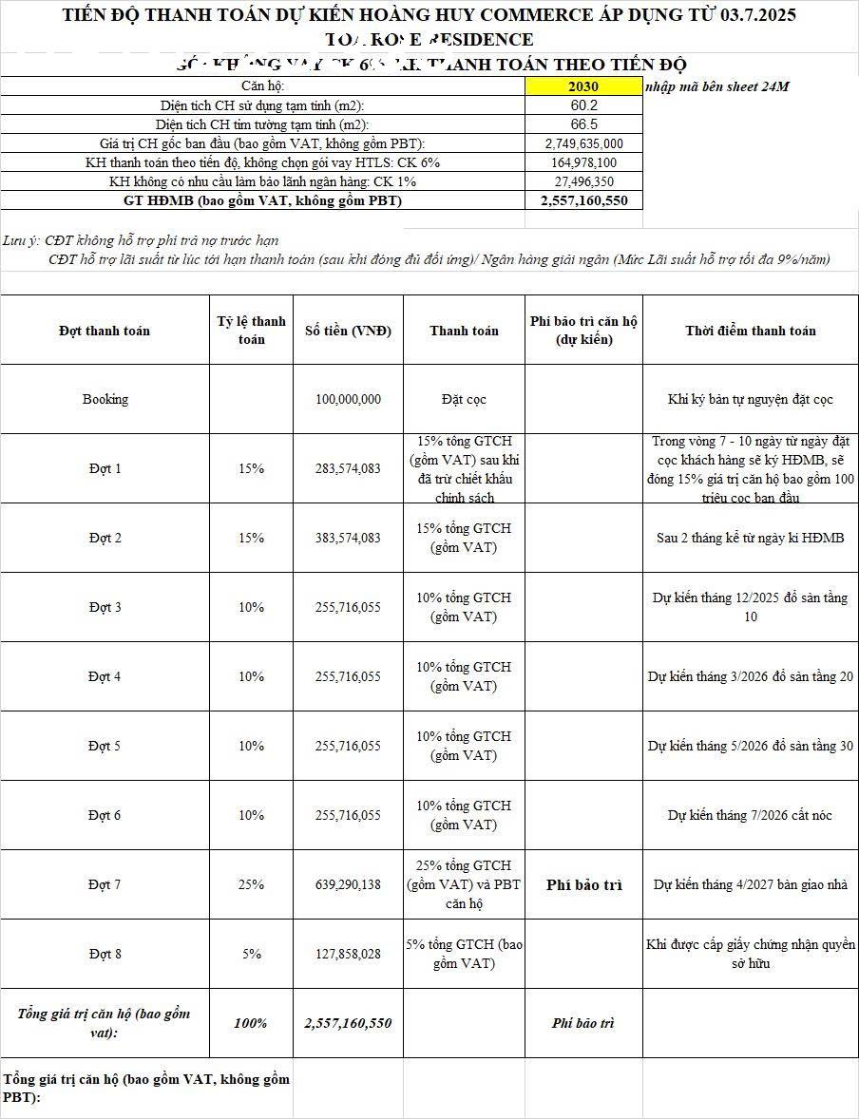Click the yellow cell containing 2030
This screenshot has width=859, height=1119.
click(x=583, y=86)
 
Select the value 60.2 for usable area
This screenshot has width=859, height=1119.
click(x=583, y=105)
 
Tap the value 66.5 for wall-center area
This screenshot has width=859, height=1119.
click(x=583, y=124)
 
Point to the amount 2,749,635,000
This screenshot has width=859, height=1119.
click(x=583, y=143)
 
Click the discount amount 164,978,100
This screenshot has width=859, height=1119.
click(x=583, y=162)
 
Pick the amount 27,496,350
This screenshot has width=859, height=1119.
click(x=583, y=181)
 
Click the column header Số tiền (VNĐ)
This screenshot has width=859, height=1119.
click(x=348, y=331)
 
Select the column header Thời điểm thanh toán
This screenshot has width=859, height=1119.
click(x=750, y=331)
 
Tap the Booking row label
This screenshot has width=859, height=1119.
click(x=105, y=399)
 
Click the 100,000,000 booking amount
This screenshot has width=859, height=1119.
click(x=348, y=399)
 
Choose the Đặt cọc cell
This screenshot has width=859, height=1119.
click(x=464, y=399)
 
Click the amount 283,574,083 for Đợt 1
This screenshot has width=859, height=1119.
click(x=348, y=468)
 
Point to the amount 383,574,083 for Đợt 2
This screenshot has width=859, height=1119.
click(x=348, y=538)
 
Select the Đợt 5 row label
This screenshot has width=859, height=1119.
click(x=105, y=746)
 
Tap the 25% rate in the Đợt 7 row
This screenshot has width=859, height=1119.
click(x=251, y=884)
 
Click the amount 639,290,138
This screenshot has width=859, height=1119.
click(x=348, y=884)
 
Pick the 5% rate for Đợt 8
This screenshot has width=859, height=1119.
click(x=251, y=954)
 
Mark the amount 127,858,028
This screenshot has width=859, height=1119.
click(x=348, y=954)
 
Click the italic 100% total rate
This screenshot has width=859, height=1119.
click(x=251, y=1023)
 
